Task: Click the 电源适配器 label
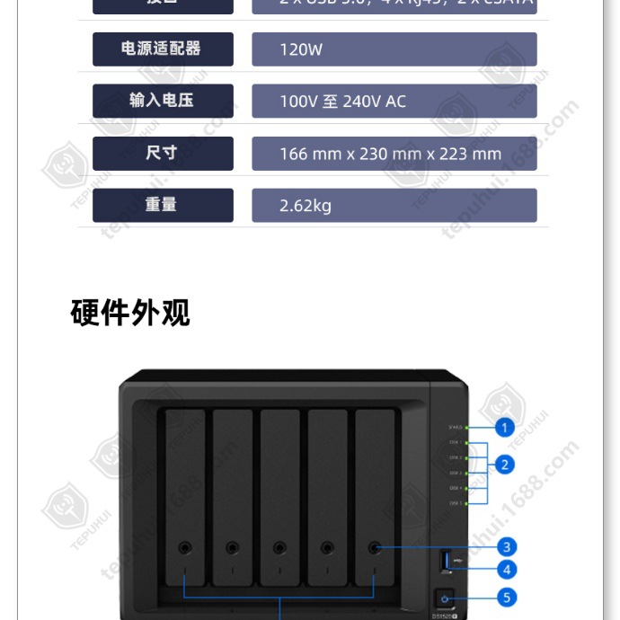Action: click(x=163, y=49)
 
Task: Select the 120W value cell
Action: click(x=394, y=49)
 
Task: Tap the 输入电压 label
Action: click(x=163, y=101)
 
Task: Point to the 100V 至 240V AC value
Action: click(x=394, y=102)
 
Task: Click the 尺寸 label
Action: click(x=163, y=153)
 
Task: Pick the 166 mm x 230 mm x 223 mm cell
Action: click(x=394, y=154)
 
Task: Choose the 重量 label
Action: click(x=163, y=205)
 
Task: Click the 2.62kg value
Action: click(x=394, y=206)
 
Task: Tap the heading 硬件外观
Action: click(x=130, y=313)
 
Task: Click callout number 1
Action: click(x=505, y=428)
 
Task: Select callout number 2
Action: click(x=505, y=465)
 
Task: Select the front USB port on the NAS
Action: click(x=445, y=562)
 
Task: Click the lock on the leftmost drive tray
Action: click(x=184, y=546)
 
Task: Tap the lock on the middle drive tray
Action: click(x=279, y=546)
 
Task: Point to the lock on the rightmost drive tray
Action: click(x=375, y=546)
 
